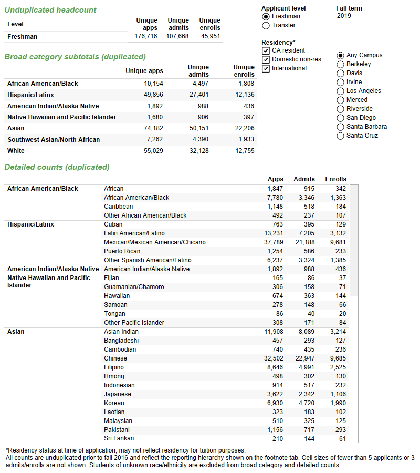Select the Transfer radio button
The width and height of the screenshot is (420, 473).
tap(266, 25)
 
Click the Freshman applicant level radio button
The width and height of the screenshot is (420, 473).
tap(266, 16)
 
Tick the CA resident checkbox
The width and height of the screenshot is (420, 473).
tap(266, 50)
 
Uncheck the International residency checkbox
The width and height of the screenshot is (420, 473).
tap(266, 68)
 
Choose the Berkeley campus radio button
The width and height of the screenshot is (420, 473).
tap(341, 64)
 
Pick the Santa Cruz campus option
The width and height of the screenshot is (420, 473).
tap(341, 136)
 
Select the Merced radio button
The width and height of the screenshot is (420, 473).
tap(341, 100)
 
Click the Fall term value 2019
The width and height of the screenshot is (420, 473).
tap(344, 16)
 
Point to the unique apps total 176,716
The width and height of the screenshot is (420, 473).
tap(146, 36)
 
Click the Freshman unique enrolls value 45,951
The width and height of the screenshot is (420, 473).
tap(210, 36)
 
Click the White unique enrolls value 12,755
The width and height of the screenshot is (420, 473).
tap(243, 150)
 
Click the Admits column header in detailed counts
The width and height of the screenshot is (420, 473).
tap(304, 179)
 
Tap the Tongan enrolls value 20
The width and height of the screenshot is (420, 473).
tap(342, 314)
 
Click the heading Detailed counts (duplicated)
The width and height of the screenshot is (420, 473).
tap(57, 167)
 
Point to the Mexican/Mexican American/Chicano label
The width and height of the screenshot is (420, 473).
tap(155, 242)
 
